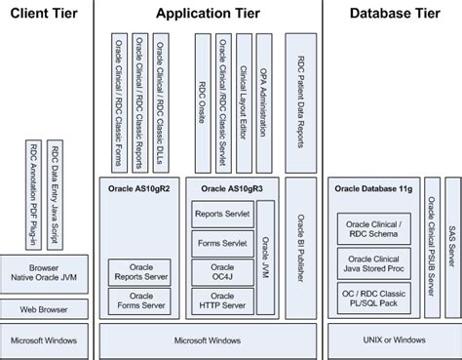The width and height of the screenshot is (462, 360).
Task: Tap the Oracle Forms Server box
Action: click(x=141, y=300)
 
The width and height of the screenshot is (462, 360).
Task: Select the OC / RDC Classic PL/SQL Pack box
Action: click(x=371, y=299)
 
